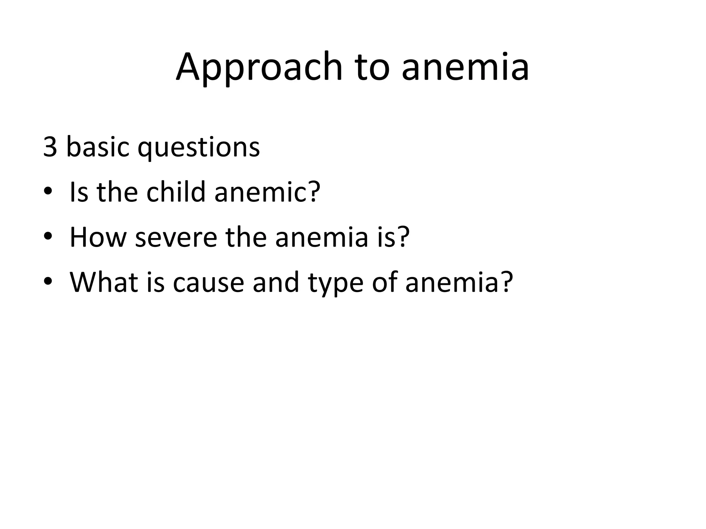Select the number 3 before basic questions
coord(50,147)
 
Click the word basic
coord(97,147)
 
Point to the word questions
coord(199,148)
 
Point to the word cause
coord(208,283)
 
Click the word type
coord(335,284)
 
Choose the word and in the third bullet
coord(275,282)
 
